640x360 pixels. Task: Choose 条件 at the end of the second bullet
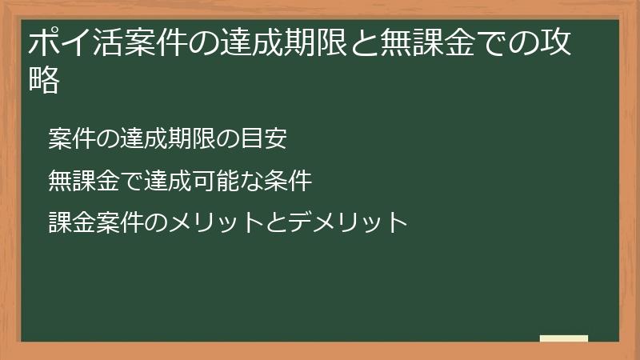point(288,181)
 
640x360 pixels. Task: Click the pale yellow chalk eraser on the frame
point(564,338)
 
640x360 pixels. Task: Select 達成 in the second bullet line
point(168,181)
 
